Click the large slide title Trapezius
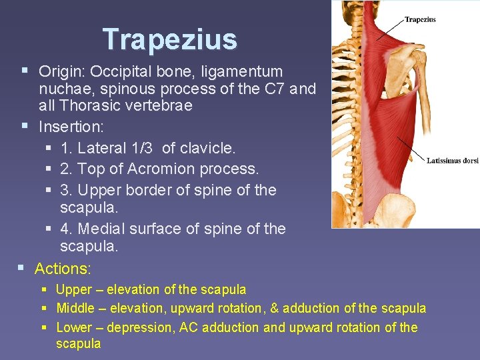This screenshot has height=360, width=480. point(170,39)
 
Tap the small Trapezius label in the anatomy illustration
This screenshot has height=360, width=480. point(420,19)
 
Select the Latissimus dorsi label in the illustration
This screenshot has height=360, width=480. point(453,161)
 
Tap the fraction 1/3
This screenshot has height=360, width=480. point(143,147)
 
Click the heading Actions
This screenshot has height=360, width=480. point(63,269)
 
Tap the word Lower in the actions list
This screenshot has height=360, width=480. point(73,327)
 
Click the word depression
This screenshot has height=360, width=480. point(126,327)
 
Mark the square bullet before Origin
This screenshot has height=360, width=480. point(25,69)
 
